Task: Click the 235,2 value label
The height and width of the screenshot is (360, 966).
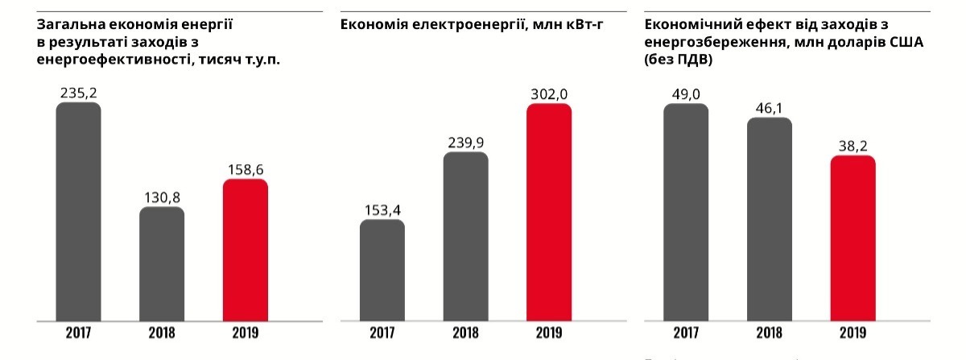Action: click(78, 93)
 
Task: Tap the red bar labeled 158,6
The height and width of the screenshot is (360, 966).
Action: click(246, 250)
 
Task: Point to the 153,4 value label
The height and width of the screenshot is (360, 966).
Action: click(382, 210)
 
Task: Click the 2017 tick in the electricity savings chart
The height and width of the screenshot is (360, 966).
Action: click(382, 333)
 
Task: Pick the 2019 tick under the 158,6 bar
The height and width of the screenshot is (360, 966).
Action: click(246, 333)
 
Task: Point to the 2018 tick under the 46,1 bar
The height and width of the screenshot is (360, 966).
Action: click(769, 333)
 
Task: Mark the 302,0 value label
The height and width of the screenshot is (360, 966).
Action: click(549, 93)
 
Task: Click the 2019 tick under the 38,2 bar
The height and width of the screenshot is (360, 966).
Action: click(852, 333)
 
